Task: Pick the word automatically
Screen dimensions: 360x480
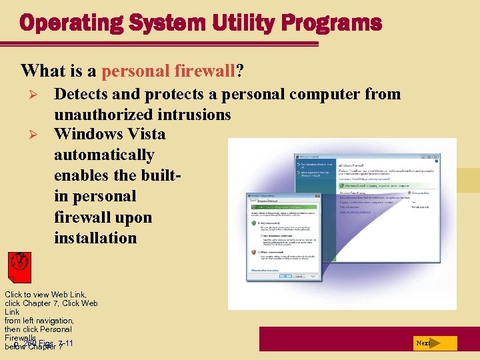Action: (104, 155)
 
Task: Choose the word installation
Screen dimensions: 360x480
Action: (95, 238)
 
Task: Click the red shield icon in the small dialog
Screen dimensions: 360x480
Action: (254, 253)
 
